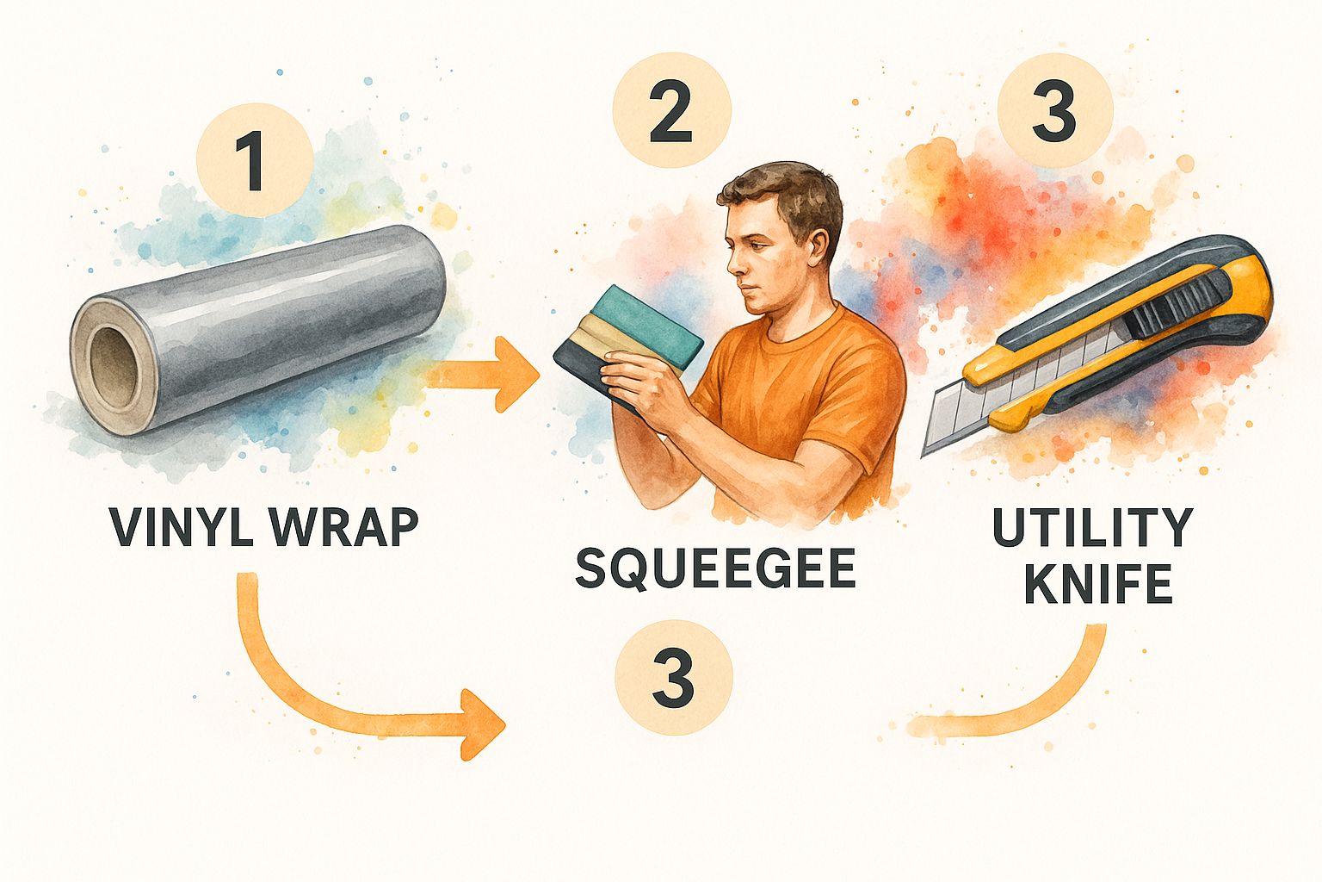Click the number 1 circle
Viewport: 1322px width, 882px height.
255,161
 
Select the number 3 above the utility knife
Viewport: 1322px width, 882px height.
1054,112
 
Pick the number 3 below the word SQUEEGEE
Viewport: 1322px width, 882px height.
673,679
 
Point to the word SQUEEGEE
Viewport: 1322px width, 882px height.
715,568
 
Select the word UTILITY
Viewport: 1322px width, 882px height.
1092,527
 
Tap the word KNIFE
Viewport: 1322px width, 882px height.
1098,584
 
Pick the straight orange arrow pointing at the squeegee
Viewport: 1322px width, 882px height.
481,374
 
